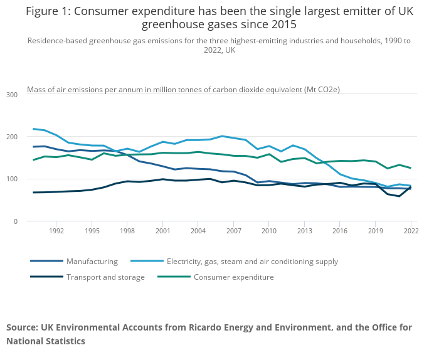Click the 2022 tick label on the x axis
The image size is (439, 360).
click(x=411, y=231)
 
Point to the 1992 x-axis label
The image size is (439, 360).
click(x=56, y=231)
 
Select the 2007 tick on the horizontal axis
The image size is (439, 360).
click(x=233, y=231)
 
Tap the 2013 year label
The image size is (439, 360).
click(x=304, y=231)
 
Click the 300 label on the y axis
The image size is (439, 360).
click(x=13, y=94)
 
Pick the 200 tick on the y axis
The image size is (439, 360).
click(x=13, y=137)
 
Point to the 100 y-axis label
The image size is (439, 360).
click(x=13, y=179)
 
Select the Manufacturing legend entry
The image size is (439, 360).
click(x=92, y=262)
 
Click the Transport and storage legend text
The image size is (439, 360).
click(x=105, y=277)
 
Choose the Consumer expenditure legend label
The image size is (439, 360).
click(x=233, y=277)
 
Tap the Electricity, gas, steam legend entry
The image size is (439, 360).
click(x=252, y=262)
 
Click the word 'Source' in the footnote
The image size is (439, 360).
click(x=21, y=327)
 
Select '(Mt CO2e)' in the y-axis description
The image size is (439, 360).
click(x=322, y=89)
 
